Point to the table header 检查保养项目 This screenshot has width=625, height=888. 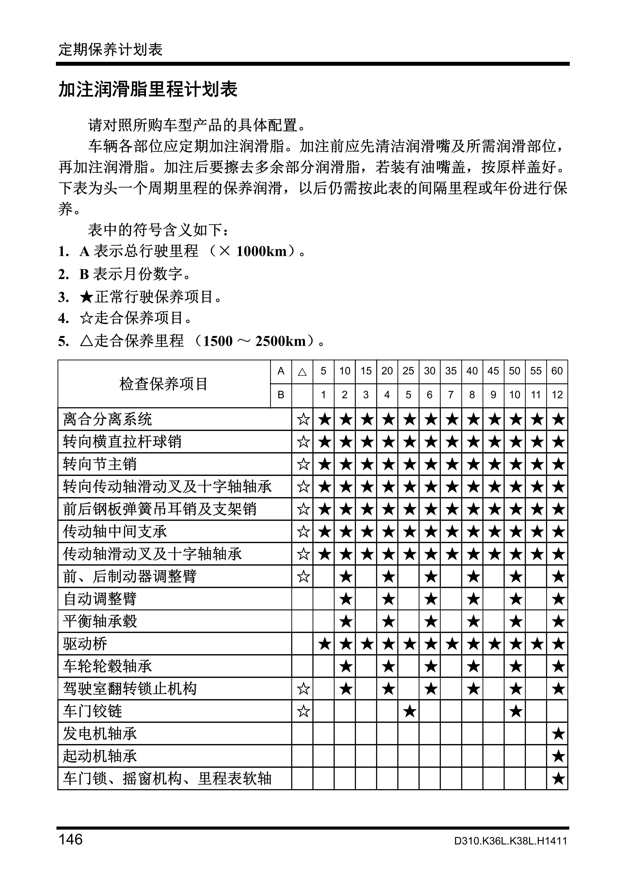pos(164,384)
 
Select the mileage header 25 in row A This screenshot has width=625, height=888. pos(408,371)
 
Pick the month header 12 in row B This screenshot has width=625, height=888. pos(557,395)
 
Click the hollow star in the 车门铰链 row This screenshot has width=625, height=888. pos(303,711)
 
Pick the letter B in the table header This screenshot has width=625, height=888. pos(281,395)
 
